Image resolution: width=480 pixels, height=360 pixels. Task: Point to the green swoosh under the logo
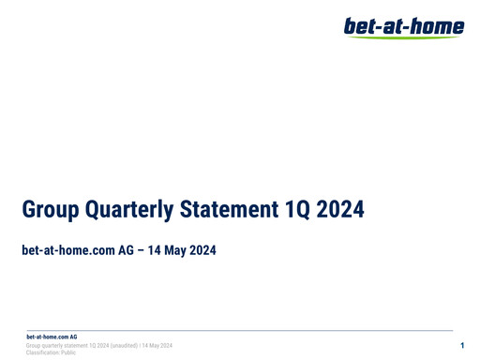(x=403, y=37)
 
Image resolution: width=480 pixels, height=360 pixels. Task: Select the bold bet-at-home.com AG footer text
(x=52, y=336)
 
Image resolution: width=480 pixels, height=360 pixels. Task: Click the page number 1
(x=463, y=347)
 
